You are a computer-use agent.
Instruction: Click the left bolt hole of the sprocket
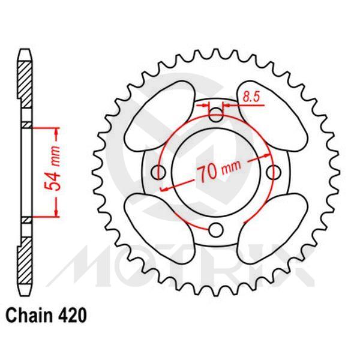[159, 172]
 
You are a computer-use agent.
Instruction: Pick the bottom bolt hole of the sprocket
[217, 230]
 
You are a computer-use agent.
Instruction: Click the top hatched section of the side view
[24, 90]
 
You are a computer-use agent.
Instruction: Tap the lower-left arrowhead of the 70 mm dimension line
[164, 188]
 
